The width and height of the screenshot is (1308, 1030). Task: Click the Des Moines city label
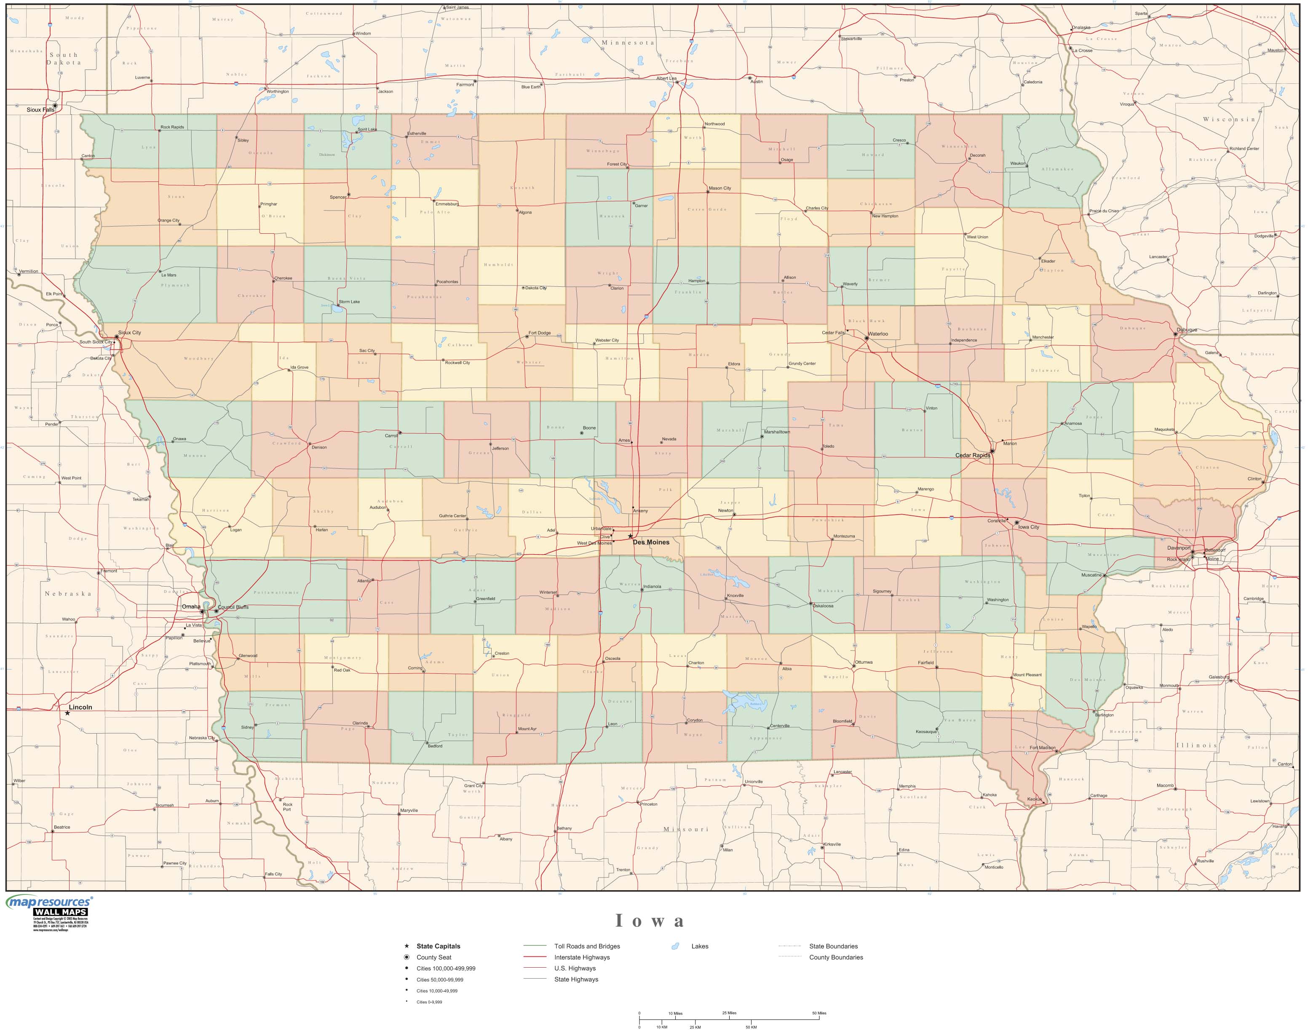(650, 542)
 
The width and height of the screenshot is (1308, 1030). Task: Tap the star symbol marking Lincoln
(67, 713)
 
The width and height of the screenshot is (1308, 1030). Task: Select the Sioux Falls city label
(40, 110)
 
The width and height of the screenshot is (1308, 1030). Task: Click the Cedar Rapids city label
(973, 455)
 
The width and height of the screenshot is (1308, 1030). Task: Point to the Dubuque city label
(1186, 330)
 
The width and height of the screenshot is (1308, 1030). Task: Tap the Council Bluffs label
(233, 607)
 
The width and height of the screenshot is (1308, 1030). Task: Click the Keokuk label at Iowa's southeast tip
(1034, 800)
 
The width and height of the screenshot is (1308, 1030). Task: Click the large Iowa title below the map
(650, 921)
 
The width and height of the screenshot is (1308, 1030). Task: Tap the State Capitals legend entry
(438, 946)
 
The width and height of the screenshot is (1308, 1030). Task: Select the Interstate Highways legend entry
(582, 957)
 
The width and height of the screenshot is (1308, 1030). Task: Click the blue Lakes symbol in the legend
(675, 946)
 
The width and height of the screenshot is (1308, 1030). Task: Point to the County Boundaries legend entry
(836, 957)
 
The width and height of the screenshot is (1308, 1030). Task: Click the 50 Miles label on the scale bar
(819, 1013)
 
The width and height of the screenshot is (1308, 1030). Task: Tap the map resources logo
(49, 905)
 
